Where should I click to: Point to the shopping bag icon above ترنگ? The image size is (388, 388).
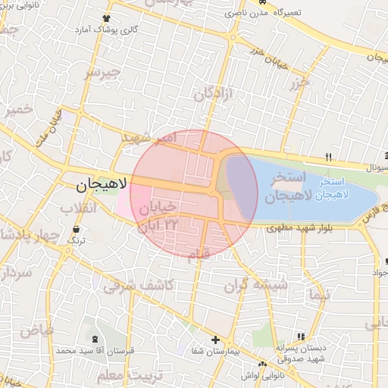[76, 229]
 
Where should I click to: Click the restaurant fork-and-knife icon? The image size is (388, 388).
[328, 157]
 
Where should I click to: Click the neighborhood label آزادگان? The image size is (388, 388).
[217, 95]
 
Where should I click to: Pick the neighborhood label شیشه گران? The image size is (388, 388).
[256, 286]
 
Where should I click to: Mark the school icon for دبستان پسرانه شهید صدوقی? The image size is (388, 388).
[301, 336]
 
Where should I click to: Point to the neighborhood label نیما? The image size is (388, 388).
[318, 293]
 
